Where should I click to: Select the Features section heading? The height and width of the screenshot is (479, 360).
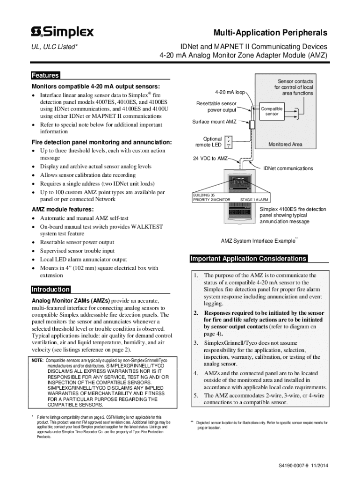(x=45, y=75)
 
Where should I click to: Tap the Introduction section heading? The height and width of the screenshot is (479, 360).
(x=50, y=290)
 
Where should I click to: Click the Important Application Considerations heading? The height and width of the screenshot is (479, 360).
(x=248, y=259)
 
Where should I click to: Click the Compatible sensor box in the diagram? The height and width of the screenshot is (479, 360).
(x=272, y=111)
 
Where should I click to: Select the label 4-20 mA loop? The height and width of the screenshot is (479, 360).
(x=230, y=92)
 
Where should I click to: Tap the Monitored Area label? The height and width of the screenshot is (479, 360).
(x=285, y=145)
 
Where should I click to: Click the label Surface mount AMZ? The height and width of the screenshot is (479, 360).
(x=215, y=122)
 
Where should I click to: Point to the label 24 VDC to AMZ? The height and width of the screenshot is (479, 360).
(x=210, y=158)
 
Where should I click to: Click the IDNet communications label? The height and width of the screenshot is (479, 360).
(x=288, y=168)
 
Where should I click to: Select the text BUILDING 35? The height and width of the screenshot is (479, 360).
(x=203, y=195)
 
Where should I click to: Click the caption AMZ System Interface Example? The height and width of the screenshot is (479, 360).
(x=258, y=241)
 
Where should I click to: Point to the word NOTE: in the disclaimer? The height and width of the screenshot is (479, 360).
(x=37, y=361)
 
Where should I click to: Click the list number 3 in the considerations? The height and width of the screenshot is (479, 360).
(x=196, y=343)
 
